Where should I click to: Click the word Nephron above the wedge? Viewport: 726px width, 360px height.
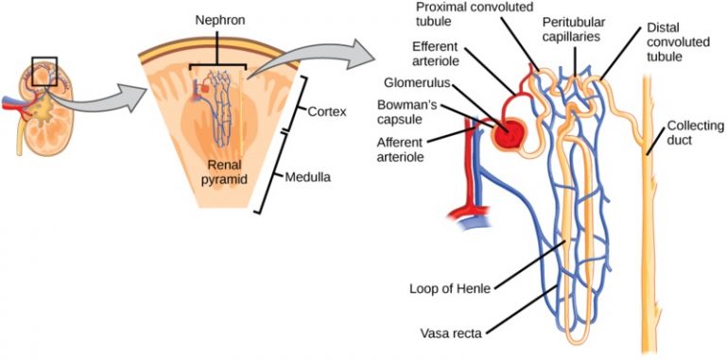218,19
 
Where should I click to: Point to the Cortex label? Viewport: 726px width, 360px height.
325,111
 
